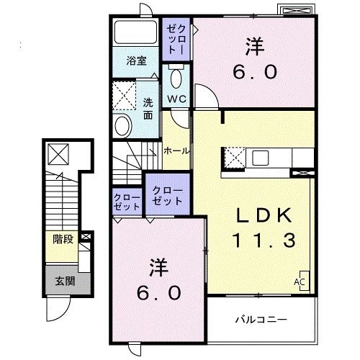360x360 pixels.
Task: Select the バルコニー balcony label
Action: (x=261, y=318)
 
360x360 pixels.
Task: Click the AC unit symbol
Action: (x=299, y=282)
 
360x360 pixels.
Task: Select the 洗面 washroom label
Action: (x=148, y=108)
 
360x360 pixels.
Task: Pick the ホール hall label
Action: (x=176, y=150)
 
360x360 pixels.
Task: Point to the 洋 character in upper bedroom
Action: (x=253, y=47)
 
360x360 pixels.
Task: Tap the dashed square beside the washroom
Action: (x=125, y=95)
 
